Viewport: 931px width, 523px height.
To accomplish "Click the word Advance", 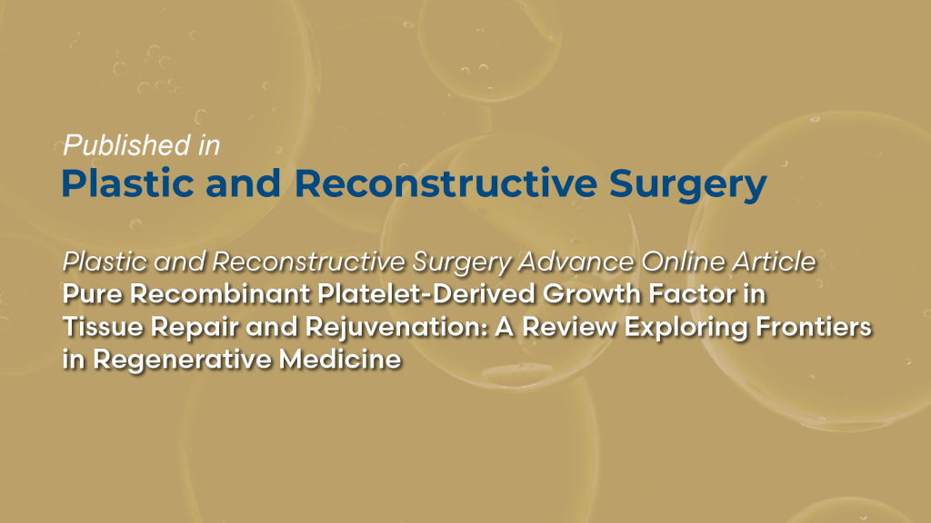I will click(x=577, y=262).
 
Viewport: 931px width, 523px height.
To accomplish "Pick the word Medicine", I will click(x=339, y=359).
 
